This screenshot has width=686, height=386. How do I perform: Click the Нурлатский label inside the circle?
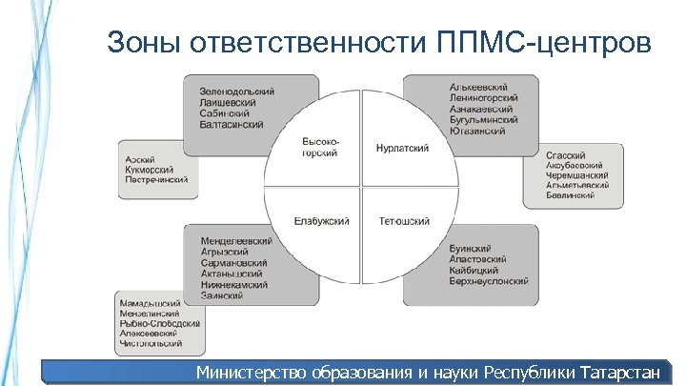coord(402,149)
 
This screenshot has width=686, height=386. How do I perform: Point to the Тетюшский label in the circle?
coord(404,221)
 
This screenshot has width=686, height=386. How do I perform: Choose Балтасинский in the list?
coord(232,125)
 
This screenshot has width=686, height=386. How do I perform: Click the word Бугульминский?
coord(483,120)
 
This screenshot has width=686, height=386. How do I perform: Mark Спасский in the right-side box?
coord(566,155)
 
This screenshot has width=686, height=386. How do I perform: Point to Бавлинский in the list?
coord(570,195)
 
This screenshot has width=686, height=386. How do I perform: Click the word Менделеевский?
coord(236,241)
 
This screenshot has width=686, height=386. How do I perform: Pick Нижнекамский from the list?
coord(234,284)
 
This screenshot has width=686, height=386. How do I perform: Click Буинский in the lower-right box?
coord(470,249)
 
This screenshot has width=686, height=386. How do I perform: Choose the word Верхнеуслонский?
coord(490,283)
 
